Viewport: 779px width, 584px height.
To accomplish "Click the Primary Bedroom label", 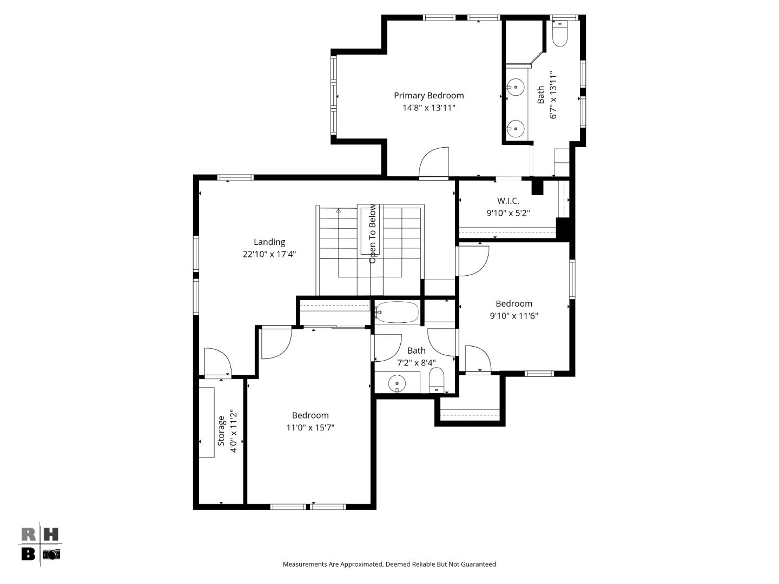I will coord(428,96).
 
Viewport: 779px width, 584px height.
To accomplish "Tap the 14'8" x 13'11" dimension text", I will coord(428,108).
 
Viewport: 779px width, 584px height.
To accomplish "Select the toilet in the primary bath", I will coord(559,35).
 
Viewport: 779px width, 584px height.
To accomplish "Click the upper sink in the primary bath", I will coord(516,87).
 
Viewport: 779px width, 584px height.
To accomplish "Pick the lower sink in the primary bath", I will coord(516,129).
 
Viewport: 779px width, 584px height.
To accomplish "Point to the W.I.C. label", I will coord(508,201).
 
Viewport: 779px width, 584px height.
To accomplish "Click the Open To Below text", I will coord(372,234).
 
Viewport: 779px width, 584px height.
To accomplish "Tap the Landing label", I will coord(269,242).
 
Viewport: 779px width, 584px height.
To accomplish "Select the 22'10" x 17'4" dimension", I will coord(269,254).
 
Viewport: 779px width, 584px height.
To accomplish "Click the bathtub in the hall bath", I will coord(397,312).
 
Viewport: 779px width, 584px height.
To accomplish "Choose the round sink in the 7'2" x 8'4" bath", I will coord(397,383).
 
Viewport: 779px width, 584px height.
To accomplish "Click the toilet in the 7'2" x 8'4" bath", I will coord(436,380).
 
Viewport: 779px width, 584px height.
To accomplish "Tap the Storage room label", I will coord(221,431).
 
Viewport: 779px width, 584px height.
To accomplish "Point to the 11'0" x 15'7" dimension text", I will coord(310,428).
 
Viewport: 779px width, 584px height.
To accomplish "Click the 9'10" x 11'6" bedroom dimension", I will coord(514,316).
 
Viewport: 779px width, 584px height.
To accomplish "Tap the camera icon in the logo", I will coord(51,554).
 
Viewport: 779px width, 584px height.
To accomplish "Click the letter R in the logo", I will coord(29,535).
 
